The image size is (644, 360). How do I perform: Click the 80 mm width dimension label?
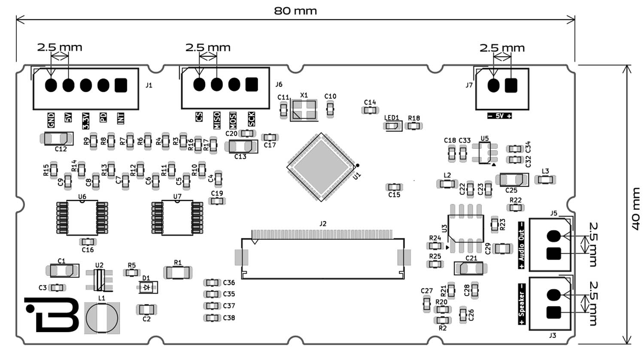[x=295, y=11]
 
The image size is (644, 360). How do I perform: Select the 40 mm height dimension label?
[x=636, y=208]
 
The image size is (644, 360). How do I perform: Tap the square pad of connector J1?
[x=121, y=85]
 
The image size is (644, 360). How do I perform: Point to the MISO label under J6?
[x=217, y=120]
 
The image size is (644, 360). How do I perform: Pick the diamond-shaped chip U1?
[x=322, y=167]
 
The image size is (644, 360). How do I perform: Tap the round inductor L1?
[x=102, y=318]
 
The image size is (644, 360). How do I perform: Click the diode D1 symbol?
[x=148, y=287]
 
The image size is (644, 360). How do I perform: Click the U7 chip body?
[x=177, y=218]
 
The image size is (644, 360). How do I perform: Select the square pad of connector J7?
[x=511, y=86]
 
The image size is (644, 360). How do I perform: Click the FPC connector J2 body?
[x=322, y=258]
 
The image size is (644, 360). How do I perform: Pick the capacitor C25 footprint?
[x=511, y=179]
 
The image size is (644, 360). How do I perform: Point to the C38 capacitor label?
[x=229, y=318]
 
